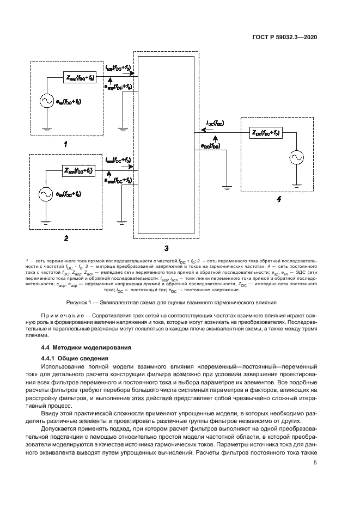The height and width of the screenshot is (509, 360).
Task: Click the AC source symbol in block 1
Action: click(46, 101)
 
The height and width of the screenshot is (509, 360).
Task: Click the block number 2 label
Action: click(65, 237)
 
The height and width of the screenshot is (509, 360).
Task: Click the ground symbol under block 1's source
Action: click(46, 128)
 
